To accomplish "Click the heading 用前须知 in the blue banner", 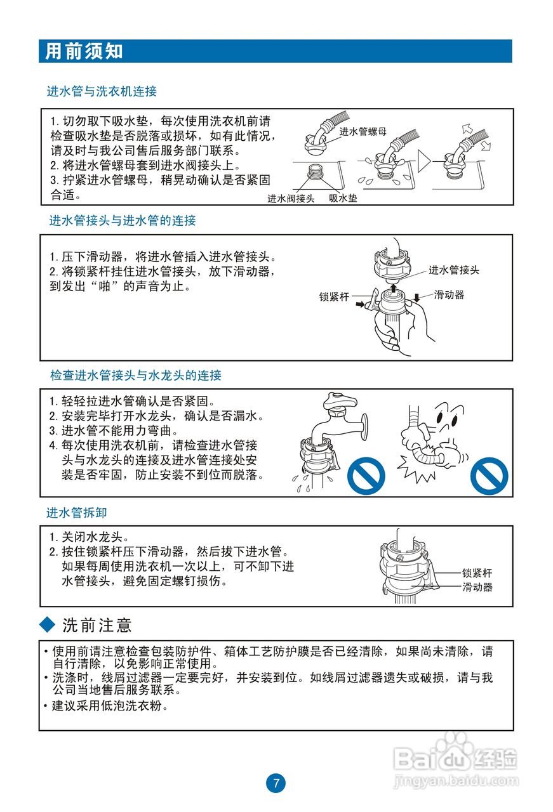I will click(x=84, y=51).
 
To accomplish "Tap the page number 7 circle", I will click(x=276, y=783).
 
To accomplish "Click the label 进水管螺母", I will click(x=363, y=132).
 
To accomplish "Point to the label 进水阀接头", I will click(x=291, y=199).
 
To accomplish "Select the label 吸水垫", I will click(x=343, y=199).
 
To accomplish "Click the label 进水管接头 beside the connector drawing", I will click(x=453, y=270).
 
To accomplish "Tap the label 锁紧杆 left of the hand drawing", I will click(x=335, y=296).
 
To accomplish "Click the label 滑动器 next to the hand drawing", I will click(x=449, y=295).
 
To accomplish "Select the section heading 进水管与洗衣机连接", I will click(x=102, y=91).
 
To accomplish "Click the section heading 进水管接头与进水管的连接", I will click(x=123, y=221).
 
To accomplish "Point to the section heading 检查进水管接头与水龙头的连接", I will click(x=136, y=376).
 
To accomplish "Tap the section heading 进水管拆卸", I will click(x=72, y=512).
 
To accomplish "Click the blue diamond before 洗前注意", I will click(x=48, y=625).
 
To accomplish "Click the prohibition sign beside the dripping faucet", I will click(x=366, y=476).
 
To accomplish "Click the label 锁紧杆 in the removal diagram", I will click(x=477, y=573).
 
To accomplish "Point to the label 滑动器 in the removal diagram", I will click(x=477, y=587).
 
